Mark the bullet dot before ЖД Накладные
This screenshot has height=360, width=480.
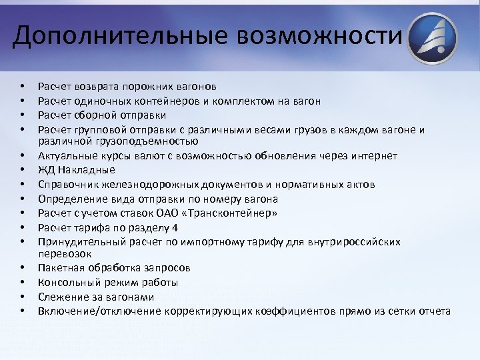click(x=23, y=170)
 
